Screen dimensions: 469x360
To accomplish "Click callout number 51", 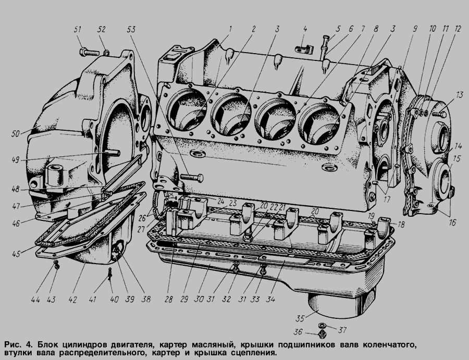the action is pyautogui.click(x=78, y=29).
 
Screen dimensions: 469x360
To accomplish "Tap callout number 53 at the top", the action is pyautogui.click(x=131, y=29).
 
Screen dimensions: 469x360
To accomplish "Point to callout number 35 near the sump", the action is pyautogui.click(x=300, y=318).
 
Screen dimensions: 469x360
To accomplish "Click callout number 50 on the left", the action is pyautogui.click(x=16, y=134).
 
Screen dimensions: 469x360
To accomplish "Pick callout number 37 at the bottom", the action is pyautogui.click(x=342, y=330).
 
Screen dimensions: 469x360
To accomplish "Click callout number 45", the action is pyautogui.click(x=16, y=254).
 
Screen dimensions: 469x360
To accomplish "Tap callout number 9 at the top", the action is pyautogui.click(x=415, y=29).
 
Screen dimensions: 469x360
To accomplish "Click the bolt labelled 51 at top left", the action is pyautogui.click(x=89, y=53).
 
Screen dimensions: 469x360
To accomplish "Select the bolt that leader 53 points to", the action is pyautogui.click(x=192, y=178).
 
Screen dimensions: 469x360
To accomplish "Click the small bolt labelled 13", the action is pyautogui.click(x=439, y=114).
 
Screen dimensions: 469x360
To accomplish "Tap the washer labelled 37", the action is pyautogui.click(x=323, y=325).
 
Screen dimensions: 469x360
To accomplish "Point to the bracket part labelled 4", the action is pyautogui.click(x=304, y=49).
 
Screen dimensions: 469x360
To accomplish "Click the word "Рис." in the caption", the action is pyautogui.click(x=13, y=344).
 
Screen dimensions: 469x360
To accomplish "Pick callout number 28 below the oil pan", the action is pyautogui.click(x=169, y=299).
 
